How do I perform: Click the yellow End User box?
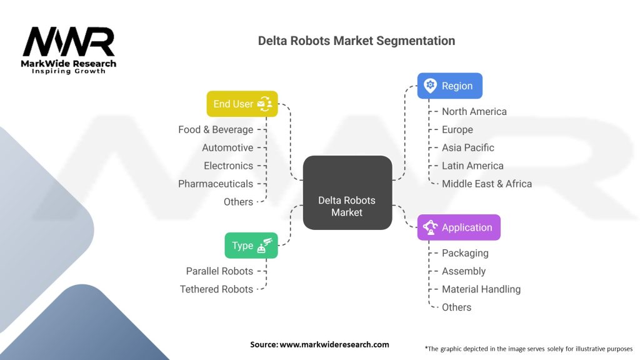[x=242, y=104]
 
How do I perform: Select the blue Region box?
[x=450, y=86]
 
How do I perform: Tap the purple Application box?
[x=459, y=227]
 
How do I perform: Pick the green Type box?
[x=251, y=245]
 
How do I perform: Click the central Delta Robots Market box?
[x=347, y=192]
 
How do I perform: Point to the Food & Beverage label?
[x=216, y=129]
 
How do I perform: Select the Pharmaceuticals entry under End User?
[x=216, y=184]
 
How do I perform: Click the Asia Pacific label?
[x=467, y=147]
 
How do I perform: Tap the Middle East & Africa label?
[x=487, y=184]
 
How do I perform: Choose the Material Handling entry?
[x=481, y=289]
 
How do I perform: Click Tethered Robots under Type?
[x=216, y=289]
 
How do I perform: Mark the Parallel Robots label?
[x=219, y=271]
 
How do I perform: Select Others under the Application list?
[x=456, y=307]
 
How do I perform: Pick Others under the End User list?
[x=238, y=202]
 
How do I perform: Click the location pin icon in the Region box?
[x=430, y=86]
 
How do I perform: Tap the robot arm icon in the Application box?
[x=430, y=227]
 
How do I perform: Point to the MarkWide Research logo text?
[x=69, y=64]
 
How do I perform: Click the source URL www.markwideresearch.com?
[x=334, y=344]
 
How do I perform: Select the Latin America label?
[x=472, y=166]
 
